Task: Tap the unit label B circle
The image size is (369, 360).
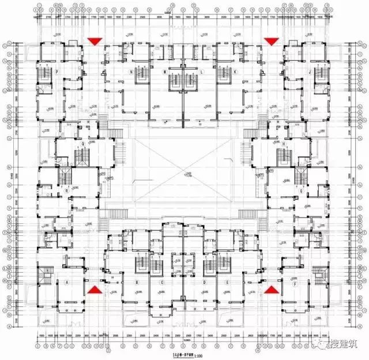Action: [x=137, y=283]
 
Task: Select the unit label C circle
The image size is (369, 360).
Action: [x=163, y=283]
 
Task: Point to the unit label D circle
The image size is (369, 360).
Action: [x=204, y=283]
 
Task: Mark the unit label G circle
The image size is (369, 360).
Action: [x=300, y=190]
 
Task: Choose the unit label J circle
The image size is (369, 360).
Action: [x=310, y=72]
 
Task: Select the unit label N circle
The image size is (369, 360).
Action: [x=131, y=72]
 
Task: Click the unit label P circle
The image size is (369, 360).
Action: [x=57, y=72]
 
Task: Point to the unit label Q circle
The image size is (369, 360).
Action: [x=83, y=144]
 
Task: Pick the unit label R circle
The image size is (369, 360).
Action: [x=67, y=190]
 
